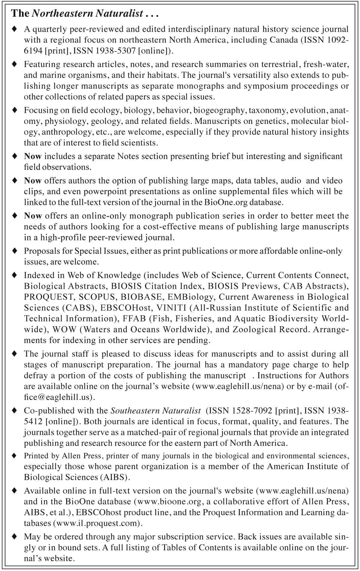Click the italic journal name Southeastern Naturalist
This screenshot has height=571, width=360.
click(156, 411)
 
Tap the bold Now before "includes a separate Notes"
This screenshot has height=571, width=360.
click(33, 156)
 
